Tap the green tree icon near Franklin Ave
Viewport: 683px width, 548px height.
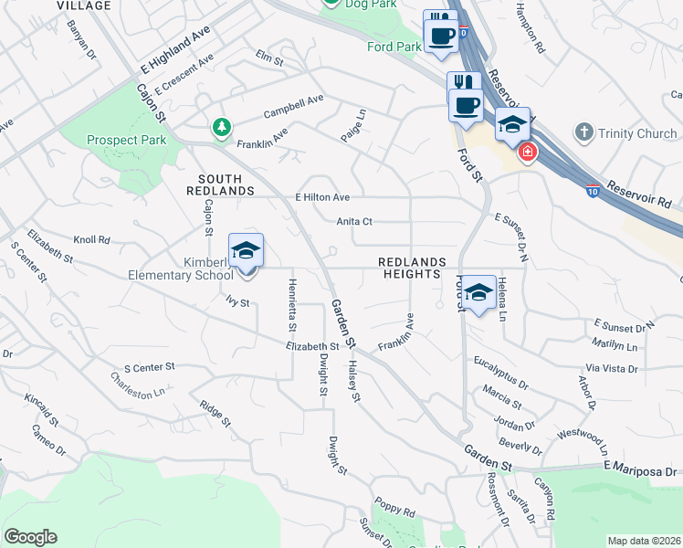(x=220, y=127)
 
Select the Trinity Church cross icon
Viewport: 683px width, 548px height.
(x=584, y=133)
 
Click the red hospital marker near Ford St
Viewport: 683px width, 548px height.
(x=526, y=151)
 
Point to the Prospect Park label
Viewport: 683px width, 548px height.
(x=127, y=140)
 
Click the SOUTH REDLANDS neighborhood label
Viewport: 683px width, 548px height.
(x=214, y=184)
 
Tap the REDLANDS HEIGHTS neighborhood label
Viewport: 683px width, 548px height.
(x=412, y=268)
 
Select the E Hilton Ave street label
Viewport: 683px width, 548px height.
(x=322, y=197)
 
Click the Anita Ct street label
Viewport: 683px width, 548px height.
(x=354, y=221)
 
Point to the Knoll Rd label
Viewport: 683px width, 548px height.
(x=91, y=240)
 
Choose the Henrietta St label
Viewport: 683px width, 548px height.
(x=292, y=304)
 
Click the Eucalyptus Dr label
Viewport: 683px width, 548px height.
(x=501, y=370)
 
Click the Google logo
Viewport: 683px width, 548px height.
(x=30, y=537)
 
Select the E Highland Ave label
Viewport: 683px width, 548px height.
(x=176, y=56)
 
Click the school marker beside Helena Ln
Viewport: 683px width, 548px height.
(x=478, y=294)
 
